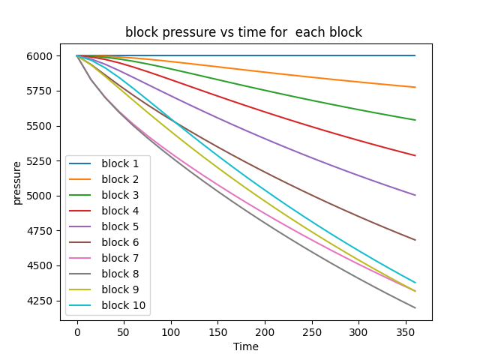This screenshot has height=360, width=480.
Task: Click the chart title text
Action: (x=244, y=32)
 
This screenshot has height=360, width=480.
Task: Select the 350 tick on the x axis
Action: (x=406, y=331)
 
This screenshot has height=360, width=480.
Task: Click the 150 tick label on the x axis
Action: (x=218, y=331)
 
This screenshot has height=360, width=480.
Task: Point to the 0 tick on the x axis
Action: (x=77, y=331)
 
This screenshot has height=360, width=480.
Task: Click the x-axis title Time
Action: (x=245, y=346)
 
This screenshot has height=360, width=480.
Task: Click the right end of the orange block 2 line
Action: (x=415, y=87)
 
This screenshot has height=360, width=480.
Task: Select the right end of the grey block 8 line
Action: (x=415, y=307)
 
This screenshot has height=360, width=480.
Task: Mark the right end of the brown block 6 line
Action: (x=415, y=240)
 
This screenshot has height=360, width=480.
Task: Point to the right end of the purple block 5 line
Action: (x=415, y=195)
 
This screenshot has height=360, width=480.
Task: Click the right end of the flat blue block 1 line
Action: (x=415, y=55)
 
